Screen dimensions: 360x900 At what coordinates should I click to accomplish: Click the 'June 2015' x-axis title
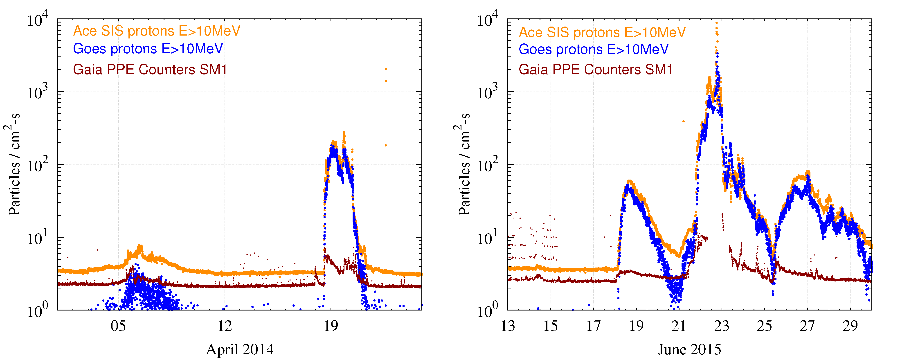point(689,349)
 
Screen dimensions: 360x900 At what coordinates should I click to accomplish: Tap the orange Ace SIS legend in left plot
point(157,31)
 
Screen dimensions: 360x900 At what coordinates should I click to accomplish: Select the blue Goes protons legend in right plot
point(593,49)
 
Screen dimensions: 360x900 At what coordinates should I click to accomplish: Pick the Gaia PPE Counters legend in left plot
point(150,70)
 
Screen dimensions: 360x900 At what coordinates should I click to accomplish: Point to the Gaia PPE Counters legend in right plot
point(595,70)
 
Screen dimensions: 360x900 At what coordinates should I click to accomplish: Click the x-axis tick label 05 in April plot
point(118,326)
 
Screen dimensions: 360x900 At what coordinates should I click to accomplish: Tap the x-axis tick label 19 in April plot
point(331,326)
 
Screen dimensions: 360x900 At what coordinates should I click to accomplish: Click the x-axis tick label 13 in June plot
point(508,326)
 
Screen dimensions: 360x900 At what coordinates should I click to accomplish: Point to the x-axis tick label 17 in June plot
point(593,326)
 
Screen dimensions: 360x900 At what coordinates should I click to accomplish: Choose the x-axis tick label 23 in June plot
point(722,326)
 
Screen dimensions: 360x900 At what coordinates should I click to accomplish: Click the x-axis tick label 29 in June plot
point(850,326)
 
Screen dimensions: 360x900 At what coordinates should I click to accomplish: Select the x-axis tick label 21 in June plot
point(679,326)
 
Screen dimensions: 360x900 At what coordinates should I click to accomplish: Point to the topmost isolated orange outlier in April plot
point(386,69)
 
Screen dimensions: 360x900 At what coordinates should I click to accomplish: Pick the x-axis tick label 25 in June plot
point(765,326)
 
